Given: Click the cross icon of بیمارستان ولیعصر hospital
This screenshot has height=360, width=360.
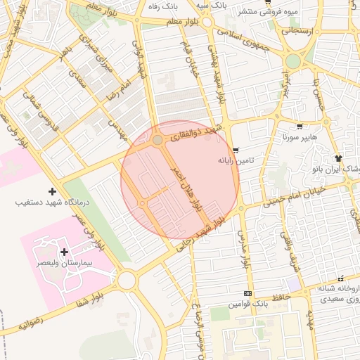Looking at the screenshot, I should [x=65, y=252].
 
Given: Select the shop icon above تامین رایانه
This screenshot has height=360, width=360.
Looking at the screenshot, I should [x=236, y=150].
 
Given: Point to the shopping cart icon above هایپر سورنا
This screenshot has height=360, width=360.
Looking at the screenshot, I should [x=300, y=127].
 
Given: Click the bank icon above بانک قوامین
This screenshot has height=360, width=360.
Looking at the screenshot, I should [x=247, y=293].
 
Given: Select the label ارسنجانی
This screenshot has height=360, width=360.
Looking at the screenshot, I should [x=299, y=32].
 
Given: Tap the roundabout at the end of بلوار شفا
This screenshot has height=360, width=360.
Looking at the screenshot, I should [x=127, y=281].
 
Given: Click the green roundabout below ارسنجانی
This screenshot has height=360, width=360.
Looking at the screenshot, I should [x=293, y=61].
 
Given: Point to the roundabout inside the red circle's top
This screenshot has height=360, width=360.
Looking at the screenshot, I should [x=157, y=141].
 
